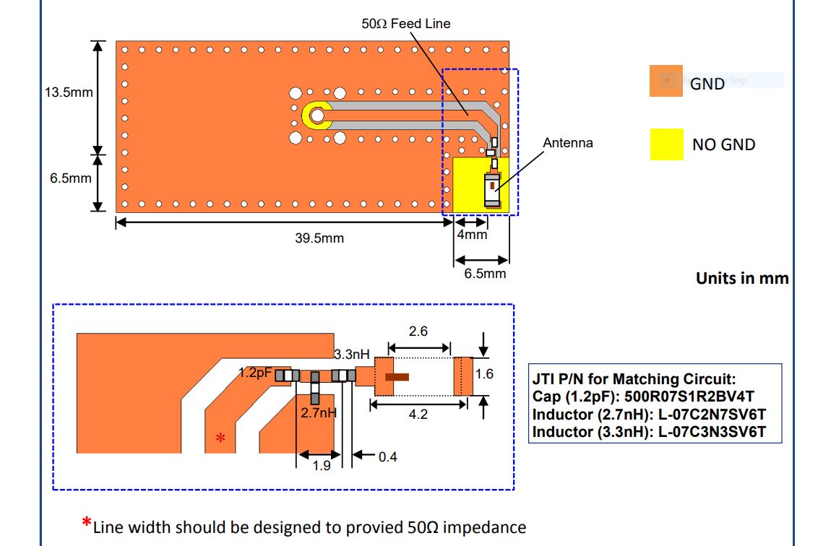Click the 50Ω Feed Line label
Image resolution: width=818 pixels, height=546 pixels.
(405, 24)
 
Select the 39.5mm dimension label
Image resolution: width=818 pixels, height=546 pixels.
(319, 238)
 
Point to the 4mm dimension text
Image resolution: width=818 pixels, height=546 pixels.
(472, 235)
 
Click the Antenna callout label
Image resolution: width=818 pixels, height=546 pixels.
(568, 143)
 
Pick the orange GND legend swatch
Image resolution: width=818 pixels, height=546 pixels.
(666, 81)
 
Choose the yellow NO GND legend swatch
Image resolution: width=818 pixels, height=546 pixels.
(666, 144)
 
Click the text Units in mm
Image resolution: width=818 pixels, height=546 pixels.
(741, 278)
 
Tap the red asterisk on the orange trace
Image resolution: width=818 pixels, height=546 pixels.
(221, 438)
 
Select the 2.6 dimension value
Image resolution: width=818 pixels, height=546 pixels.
(418, 331)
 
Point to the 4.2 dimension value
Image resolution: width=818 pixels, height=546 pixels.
(418, 415)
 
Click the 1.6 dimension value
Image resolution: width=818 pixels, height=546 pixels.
(484, 374)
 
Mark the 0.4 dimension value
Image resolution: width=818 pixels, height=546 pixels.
(388, 456)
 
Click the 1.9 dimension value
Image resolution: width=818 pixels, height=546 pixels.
(321, 466)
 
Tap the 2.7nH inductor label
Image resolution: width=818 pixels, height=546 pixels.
(319, 414)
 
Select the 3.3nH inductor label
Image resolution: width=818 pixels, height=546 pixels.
(352, 355)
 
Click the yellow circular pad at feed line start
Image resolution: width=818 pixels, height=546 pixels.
(317, 114)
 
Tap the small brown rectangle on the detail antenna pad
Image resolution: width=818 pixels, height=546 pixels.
(397, 376)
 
